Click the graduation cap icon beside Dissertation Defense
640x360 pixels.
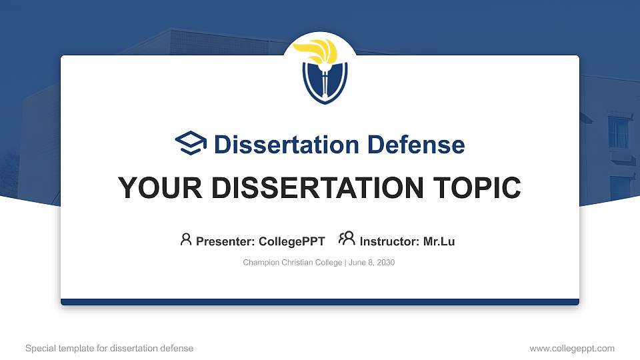click(191, 143)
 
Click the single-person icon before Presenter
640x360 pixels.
click(186, 239)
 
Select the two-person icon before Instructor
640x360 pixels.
click(347, 239)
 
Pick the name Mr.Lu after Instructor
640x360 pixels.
click(439, 241)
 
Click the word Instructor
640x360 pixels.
click(389, 241)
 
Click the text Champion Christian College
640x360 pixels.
click(292, 263)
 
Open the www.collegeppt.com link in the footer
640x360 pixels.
click(571, 348)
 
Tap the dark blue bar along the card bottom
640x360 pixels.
click(320, 302)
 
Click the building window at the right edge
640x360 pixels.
click(619, 132)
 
